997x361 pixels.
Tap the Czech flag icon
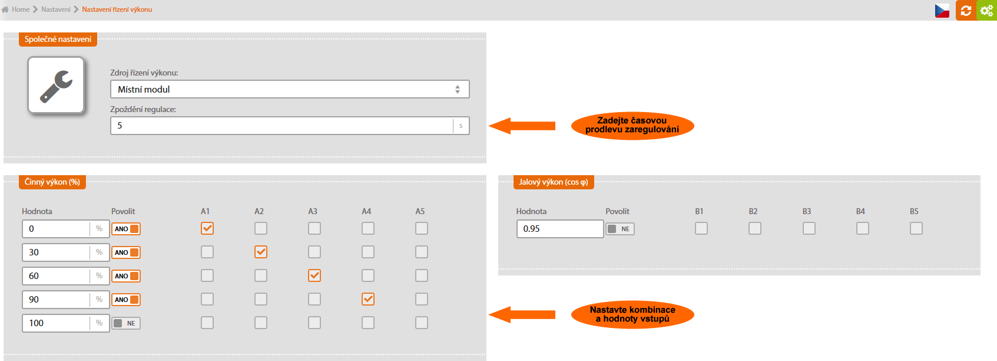942,10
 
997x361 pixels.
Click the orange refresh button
965,10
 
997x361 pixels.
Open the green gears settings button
986,10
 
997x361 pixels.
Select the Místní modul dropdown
290,89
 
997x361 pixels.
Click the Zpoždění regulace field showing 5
281,126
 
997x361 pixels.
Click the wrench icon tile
56,85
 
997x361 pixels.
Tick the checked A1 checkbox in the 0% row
207,228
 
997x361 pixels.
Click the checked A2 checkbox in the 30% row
261,252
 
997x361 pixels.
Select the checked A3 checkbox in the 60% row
314,275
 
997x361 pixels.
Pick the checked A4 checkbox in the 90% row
368,299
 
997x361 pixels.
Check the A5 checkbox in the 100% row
422,323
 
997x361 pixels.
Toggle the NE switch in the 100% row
126,323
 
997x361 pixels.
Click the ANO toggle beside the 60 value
126,276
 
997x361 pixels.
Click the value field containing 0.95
560,229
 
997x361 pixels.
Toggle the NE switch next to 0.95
620,229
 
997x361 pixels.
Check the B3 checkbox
809,228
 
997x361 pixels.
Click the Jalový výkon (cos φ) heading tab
554,182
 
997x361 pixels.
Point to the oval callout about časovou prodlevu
632,125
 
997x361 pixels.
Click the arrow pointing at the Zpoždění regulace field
522,126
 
